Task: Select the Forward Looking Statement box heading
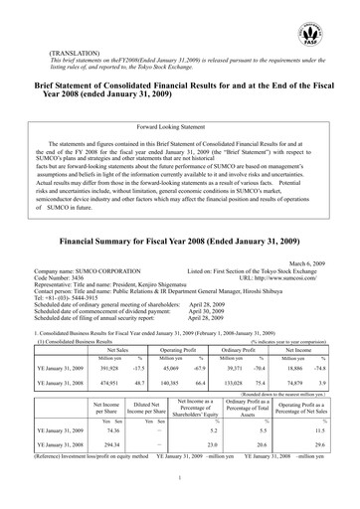click(x=179, y=128)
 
